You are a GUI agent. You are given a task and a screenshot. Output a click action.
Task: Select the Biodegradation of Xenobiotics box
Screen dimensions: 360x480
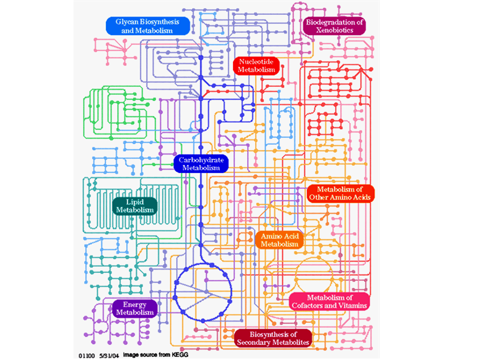coord(334,26)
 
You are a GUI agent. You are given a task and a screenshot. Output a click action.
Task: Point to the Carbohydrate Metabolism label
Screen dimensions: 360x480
coord(201,163)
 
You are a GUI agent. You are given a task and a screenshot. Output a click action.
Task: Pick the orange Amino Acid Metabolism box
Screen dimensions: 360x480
coord(279,239)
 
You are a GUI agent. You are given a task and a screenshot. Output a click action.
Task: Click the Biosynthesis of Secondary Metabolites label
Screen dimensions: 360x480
coord(273,338)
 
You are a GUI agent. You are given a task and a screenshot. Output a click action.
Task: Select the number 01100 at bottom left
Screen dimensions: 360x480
coord(86,354)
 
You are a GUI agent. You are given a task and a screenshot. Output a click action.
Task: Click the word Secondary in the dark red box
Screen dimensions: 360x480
coord(255,342)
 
